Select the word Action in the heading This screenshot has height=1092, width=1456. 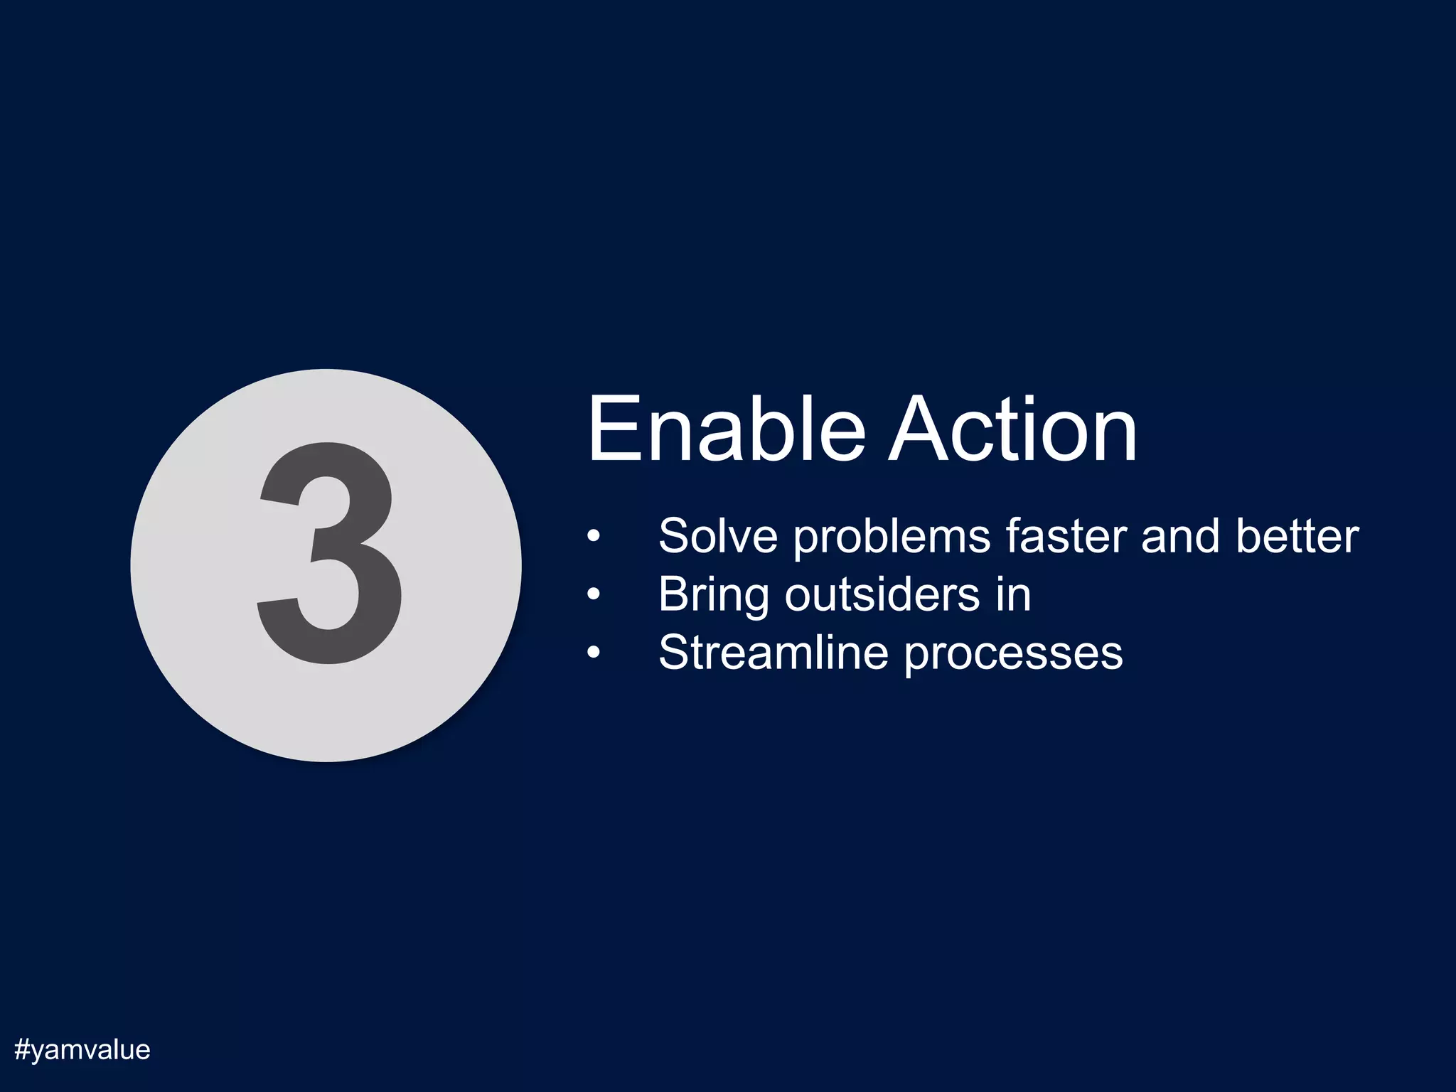coord(1012,429)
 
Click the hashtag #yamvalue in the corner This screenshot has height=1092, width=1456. coord(82,1049)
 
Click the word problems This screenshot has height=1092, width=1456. coord(892,537)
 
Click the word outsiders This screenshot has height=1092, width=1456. coord(882,594)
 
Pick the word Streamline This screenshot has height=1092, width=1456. coord(773,652)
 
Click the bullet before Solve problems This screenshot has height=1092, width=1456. coord(594,536)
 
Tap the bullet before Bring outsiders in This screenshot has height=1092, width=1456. coord(594,594)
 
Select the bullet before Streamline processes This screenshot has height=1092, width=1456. coord(594,653)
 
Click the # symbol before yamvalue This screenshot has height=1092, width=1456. coord(22,1049)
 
